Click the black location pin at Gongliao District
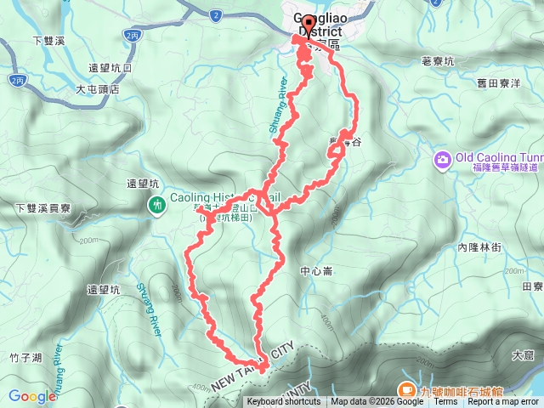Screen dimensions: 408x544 pos(307,25)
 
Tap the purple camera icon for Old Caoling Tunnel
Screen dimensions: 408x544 pos(443,160)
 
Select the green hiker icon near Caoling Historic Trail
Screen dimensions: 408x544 pos(158,204)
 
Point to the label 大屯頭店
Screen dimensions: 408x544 pos(97,88)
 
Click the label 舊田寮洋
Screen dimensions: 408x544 pos(499,83)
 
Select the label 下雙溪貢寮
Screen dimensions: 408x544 pos(43,207)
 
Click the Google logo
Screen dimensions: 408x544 pos(32,395)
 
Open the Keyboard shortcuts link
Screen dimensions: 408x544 pos(284,402)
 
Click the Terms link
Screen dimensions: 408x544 pos(445,402)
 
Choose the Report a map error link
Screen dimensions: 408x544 pos(503,402)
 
